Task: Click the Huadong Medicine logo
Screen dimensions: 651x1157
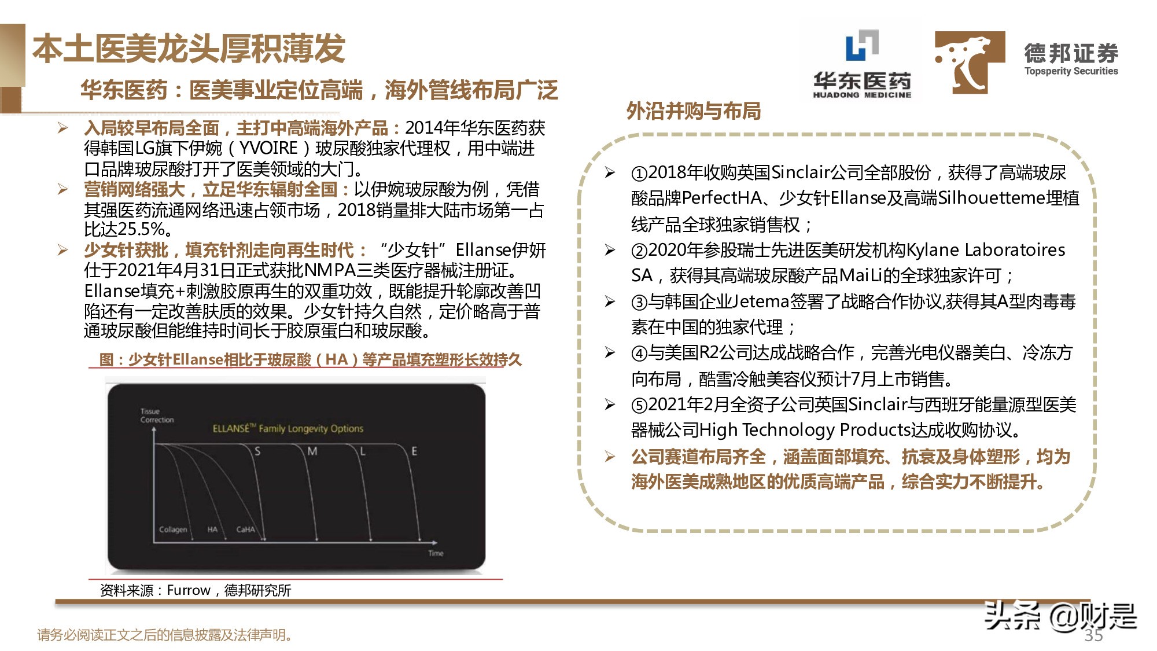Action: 862,64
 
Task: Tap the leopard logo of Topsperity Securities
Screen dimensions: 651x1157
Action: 970,62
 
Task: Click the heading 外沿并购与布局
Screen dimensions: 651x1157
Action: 693,111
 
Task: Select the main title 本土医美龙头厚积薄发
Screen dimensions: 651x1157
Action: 189,49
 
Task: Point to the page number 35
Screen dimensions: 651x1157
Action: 1093,635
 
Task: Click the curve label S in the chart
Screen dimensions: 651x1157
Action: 257,451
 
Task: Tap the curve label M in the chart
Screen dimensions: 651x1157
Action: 312,451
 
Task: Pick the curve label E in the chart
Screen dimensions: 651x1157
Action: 414,451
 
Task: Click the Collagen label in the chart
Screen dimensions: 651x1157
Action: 173,529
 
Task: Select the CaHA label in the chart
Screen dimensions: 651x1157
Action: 245,529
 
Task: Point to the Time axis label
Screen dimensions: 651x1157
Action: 436,553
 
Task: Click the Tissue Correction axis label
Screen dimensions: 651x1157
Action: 157,415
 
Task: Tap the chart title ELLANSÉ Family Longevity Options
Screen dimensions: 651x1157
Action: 288,429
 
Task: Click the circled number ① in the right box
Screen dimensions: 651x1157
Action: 639,173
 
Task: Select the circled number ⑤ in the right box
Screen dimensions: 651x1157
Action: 639,405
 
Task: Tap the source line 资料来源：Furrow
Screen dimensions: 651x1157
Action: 195,590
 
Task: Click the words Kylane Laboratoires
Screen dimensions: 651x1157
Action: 985,250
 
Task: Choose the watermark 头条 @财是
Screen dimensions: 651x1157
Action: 1060,616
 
